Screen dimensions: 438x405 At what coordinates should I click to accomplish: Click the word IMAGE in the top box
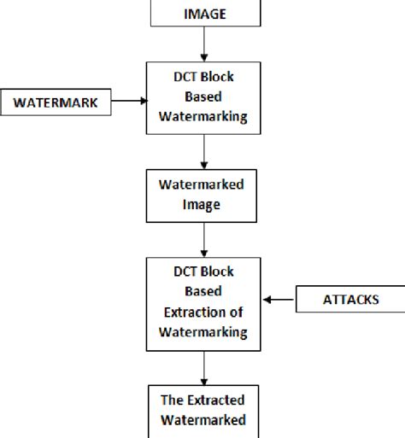click(x=204, y=13)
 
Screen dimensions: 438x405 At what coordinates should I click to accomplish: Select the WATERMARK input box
click(x=56, y=102)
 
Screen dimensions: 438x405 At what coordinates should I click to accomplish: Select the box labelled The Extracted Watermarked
click(x=203, y=410)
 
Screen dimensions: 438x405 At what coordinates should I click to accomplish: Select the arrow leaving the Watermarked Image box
click(x=203, y=242)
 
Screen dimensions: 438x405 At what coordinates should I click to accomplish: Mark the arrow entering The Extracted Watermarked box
click(x=203, y=369)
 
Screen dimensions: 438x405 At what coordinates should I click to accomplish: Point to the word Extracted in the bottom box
click(x=214, y=400)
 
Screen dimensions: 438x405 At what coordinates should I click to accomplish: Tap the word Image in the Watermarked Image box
click(x=203, y=206)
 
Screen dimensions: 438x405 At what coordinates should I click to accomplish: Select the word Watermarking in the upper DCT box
click(x=203, y=119)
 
